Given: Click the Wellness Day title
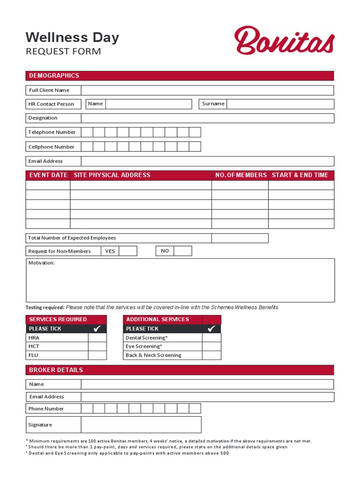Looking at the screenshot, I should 72,37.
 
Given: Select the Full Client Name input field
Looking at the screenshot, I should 207,90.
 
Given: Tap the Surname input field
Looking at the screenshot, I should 280,104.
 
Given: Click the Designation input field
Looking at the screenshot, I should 207,118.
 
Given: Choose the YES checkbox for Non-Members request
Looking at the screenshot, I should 127,251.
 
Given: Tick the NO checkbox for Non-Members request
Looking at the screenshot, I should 183,251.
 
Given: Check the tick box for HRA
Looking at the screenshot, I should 97,337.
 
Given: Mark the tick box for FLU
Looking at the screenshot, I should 97,355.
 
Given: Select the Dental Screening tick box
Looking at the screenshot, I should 211,337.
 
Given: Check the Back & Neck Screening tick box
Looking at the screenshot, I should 211,355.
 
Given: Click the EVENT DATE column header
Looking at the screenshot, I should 48,175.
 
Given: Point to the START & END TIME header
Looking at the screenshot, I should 300,175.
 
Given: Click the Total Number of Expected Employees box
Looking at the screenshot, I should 240,238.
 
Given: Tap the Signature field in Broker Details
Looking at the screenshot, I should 141,425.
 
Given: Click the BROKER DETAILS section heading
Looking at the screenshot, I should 56,370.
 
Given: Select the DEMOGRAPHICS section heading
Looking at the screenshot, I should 54,75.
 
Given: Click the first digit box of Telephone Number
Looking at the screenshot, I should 87,132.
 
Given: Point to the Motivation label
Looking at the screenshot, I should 42,263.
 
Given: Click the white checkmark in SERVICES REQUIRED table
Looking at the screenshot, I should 97,329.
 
